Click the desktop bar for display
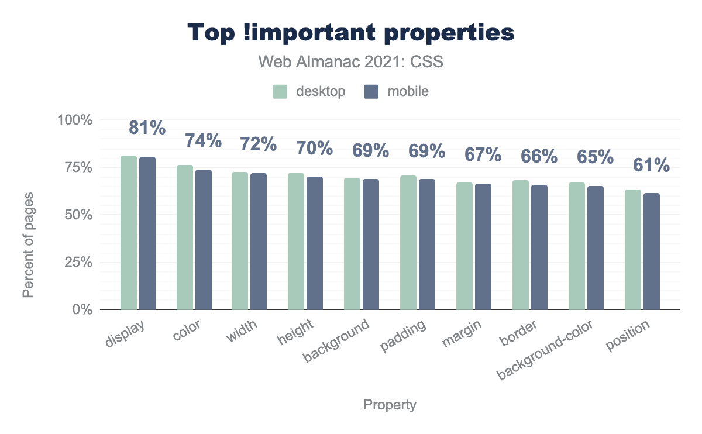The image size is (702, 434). tap(129, 232)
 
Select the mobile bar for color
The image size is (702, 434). tap(204, 239)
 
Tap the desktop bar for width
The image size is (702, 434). tap(240, 240)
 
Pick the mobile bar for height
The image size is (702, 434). tap(315, 243)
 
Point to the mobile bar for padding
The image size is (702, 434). tap(427, 244)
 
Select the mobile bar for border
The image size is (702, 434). tap(539, 247)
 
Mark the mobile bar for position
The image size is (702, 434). tap(652, 251)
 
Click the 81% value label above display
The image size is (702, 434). tap(147, 128)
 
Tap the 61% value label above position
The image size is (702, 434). tap(652, 166)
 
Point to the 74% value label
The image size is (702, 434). tap(204, 141)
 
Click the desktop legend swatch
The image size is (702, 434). tap(280, 92)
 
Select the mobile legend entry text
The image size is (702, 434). tap(408, 92)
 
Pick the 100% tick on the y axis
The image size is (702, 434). tap(74, 120)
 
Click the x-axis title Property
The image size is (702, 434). tap(390, 405)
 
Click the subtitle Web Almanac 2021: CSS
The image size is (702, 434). tap(350, 62)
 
